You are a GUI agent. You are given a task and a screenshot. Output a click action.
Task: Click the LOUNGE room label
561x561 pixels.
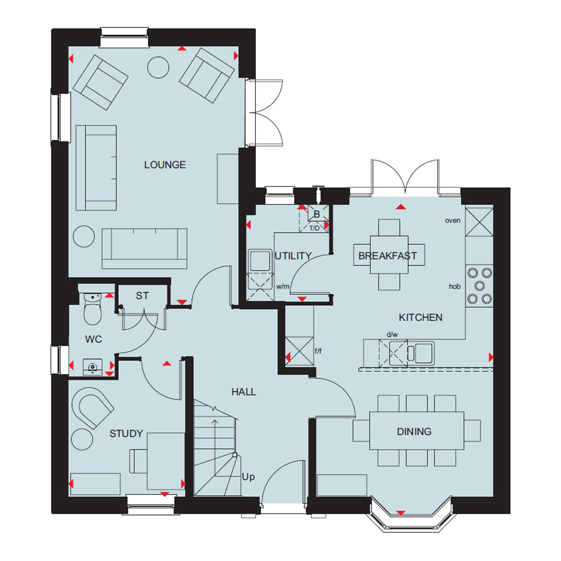point(165,165)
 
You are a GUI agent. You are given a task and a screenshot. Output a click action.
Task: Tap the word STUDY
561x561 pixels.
point(126,434)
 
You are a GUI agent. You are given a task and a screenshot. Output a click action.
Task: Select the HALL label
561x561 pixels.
point(244,392)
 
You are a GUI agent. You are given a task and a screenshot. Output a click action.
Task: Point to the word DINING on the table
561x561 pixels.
point(414,432)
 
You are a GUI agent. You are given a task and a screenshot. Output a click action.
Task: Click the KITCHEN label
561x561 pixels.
point(421,317)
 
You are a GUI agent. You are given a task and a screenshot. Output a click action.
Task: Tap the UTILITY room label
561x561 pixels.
point(293,256)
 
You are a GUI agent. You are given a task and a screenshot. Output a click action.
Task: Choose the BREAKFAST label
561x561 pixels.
point(388,256)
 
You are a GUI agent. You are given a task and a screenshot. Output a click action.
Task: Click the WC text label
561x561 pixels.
point(94,339)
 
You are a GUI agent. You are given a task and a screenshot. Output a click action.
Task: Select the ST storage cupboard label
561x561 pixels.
point(142,296)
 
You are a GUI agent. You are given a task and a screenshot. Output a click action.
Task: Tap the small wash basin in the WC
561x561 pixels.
point(93,368)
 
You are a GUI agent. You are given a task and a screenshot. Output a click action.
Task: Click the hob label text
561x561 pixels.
point(455,286)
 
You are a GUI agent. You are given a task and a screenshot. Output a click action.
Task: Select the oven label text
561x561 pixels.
point(453,220)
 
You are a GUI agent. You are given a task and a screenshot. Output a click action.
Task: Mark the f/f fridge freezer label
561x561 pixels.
point(318,351)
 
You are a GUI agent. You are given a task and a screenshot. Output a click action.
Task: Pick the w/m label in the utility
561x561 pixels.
point(283,287)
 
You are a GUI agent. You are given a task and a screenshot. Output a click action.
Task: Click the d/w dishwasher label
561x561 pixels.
point(392,335)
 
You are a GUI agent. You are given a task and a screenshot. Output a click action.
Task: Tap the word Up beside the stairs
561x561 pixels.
point(248,477)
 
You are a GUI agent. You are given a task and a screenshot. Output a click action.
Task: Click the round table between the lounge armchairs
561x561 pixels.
point(158,67)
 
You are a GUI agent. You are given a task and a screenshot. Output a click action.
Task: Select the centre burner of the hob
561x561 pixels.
point(479,286)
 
